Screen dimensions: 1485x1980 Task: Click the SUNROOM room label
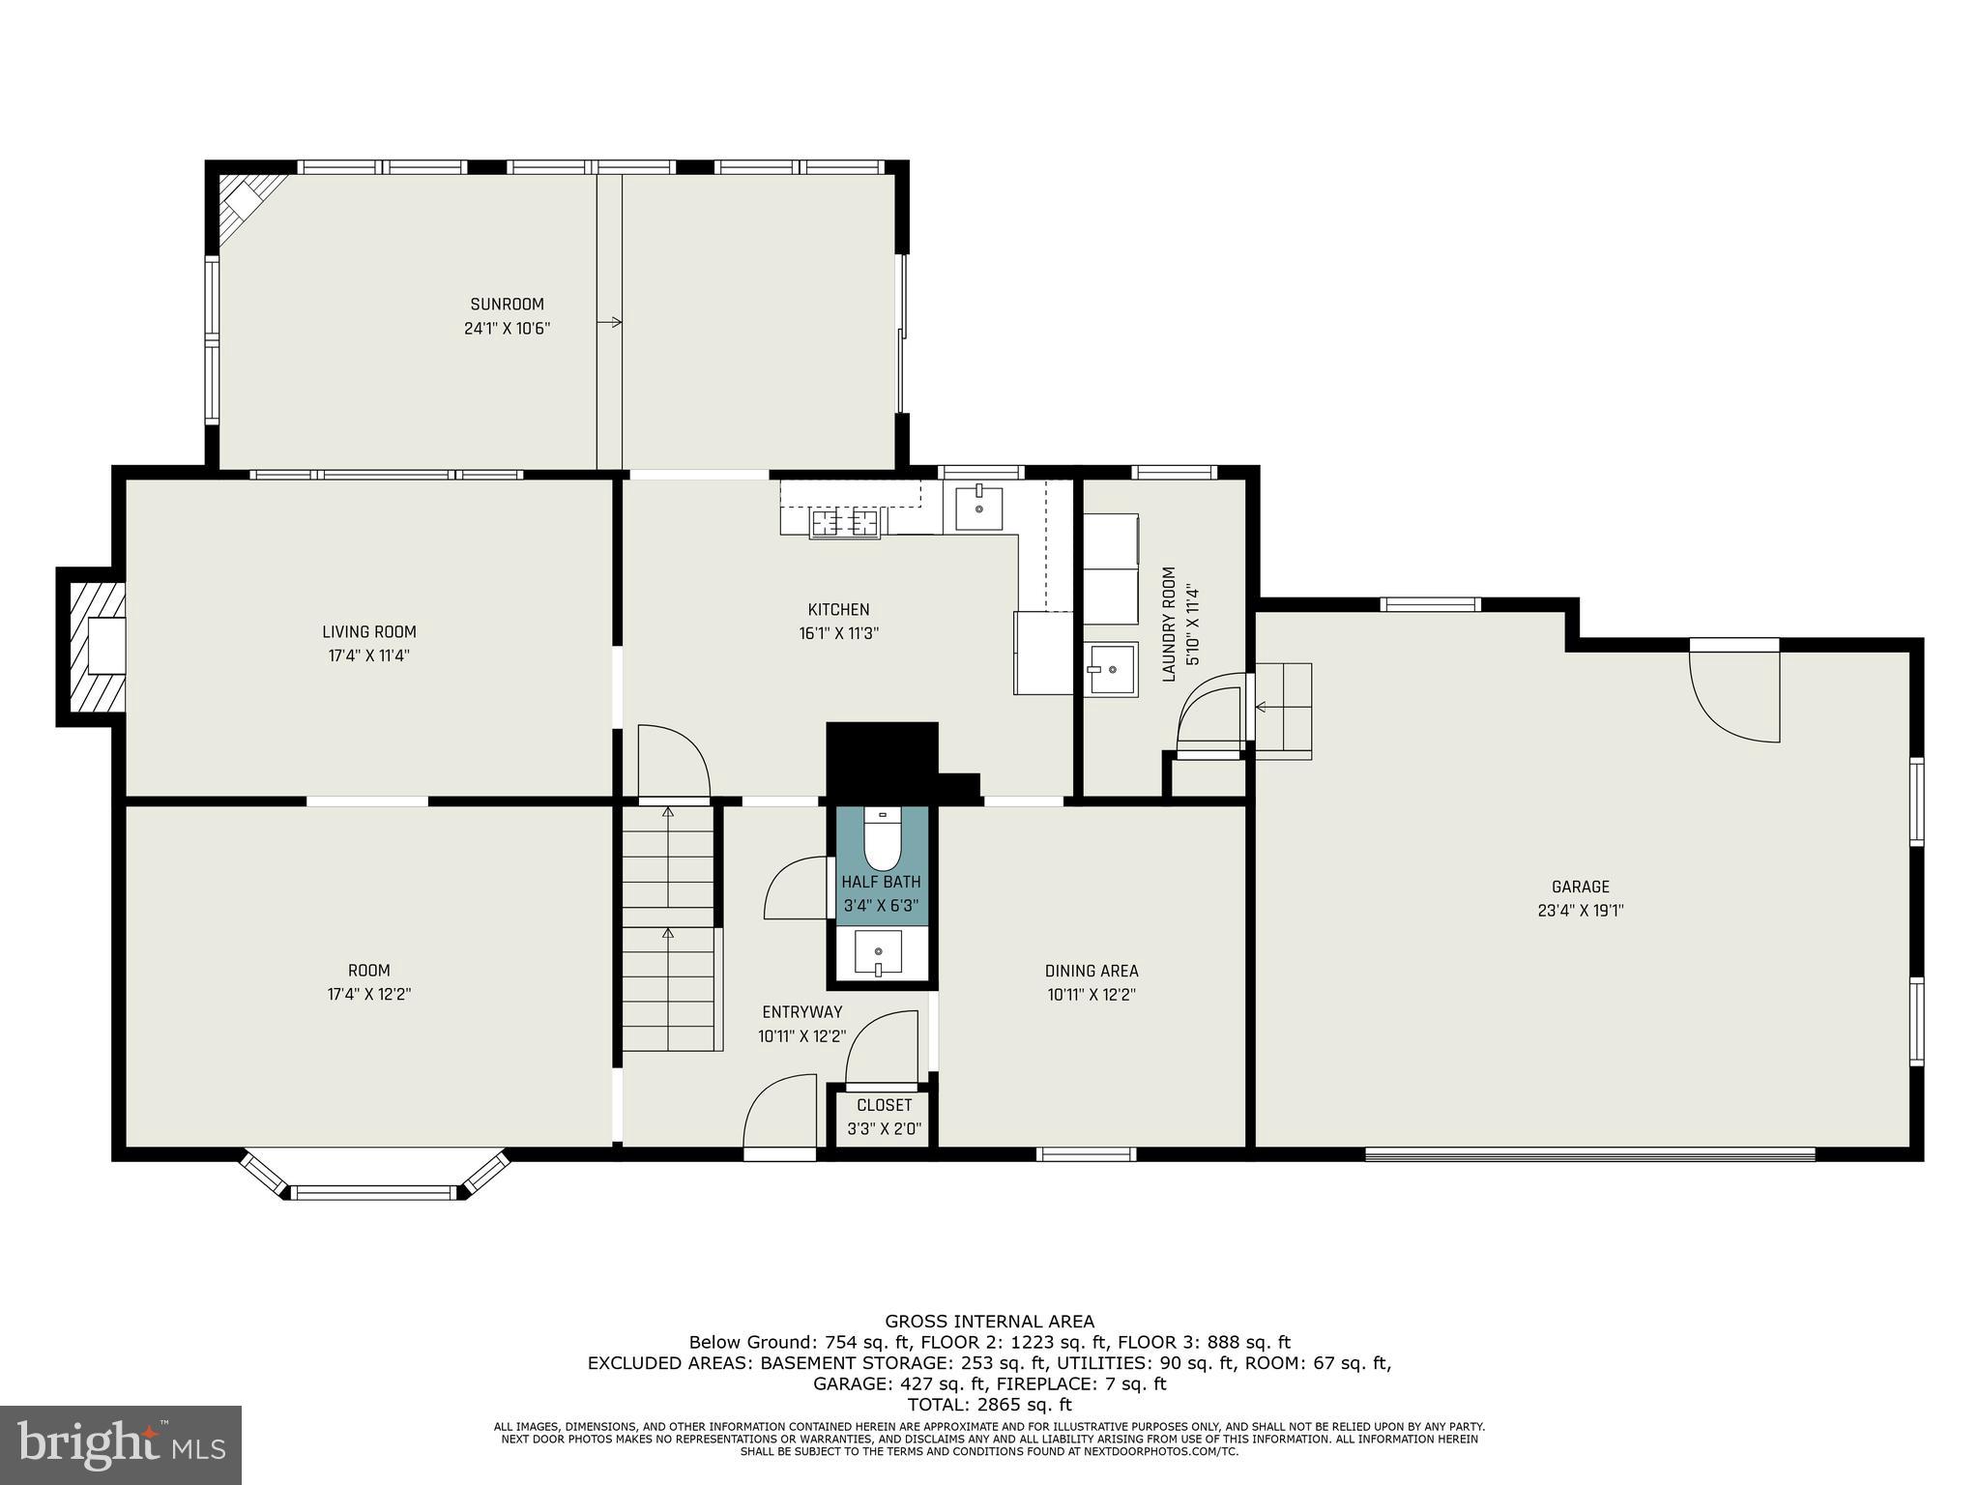tap(507, 304)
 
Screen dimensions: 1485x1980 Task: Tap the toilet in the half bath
tap(881, 840)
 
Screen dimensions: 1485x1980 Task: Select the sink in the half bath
tap(878, 953)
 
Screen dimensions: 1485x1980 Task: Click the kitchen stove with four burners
tap(846, 523)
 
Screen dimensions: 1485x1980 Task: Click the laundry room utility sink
tap(1111, 668)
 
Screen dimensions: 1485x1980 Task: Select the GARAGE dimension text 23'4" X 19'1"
tap(1580, 910)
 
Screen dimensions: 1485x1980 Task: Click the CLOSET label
tap(884, 1105)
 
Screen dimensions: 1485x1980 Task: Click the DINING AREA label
tap(1091, 971)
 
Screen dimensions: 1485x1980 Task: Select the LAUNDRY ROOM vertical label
tap(1169, 625)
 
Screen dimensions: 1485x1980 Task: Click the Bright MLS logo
tap(121, 1444)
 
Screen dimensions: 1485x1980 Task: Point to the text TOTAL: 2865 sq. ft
tap(989, 1405)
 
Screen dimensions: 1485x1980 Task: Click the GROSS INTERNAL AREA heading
tap(989, 1321)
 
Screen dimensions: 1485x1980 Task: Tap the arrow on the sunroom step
tap(610, 322)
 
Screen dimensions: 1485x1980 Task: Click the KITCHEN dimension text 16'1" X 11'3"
tap(838, 633)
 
